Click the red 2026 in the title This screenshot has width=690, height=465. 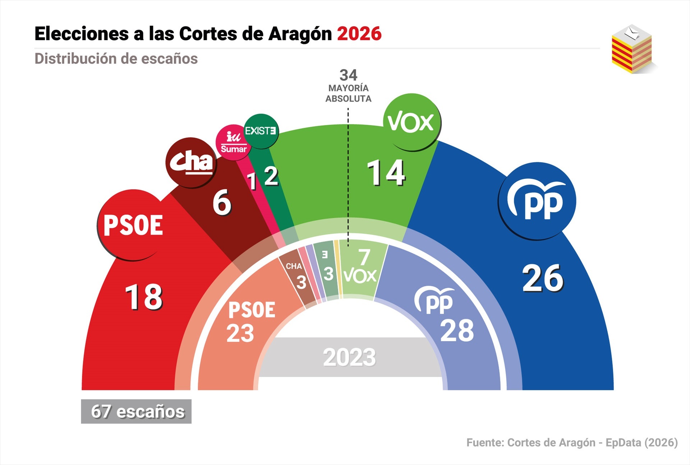(x=359, y=34)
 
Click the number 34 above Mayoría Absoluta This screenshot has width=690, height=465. (x=348, y=75)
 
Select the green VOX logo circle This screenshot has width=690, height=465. (x=412, y=122)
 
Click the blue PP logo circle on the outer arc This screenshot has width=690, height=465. (x=537, y=201)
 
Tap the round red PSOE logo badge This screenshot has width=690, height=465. (x=133, y=225)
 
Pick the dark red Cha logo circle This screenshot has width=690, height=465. (x=191, y=162)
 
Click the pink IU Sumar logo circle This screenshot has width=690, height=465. (x=233, y=143)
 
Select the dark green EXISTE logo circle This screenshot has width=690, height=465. (x=261, y=131)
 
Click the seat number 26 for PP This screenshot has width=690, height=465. (x=543, y=278)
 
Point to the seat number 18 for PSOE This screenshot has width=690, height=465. (x=144, y=297)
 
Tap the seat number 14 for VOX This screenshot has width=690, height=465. (x=386, y=173)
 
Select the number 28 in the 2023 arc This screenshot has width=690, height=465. (x=457, y=331)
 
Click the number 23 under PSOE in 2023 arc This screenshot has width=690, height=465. (x=240, y=333)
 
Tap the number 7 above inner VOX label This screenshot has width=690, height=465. (x=364, y=257)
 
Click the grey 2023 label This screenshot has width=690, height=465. (x=349, y=358)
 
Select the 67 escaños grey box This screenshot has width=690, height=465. (x=136, y=411)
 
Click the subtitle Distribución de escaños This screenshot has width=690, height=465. (x=116, y=59)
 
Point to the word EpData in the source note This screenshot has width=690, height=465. (x=623, y=443)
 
